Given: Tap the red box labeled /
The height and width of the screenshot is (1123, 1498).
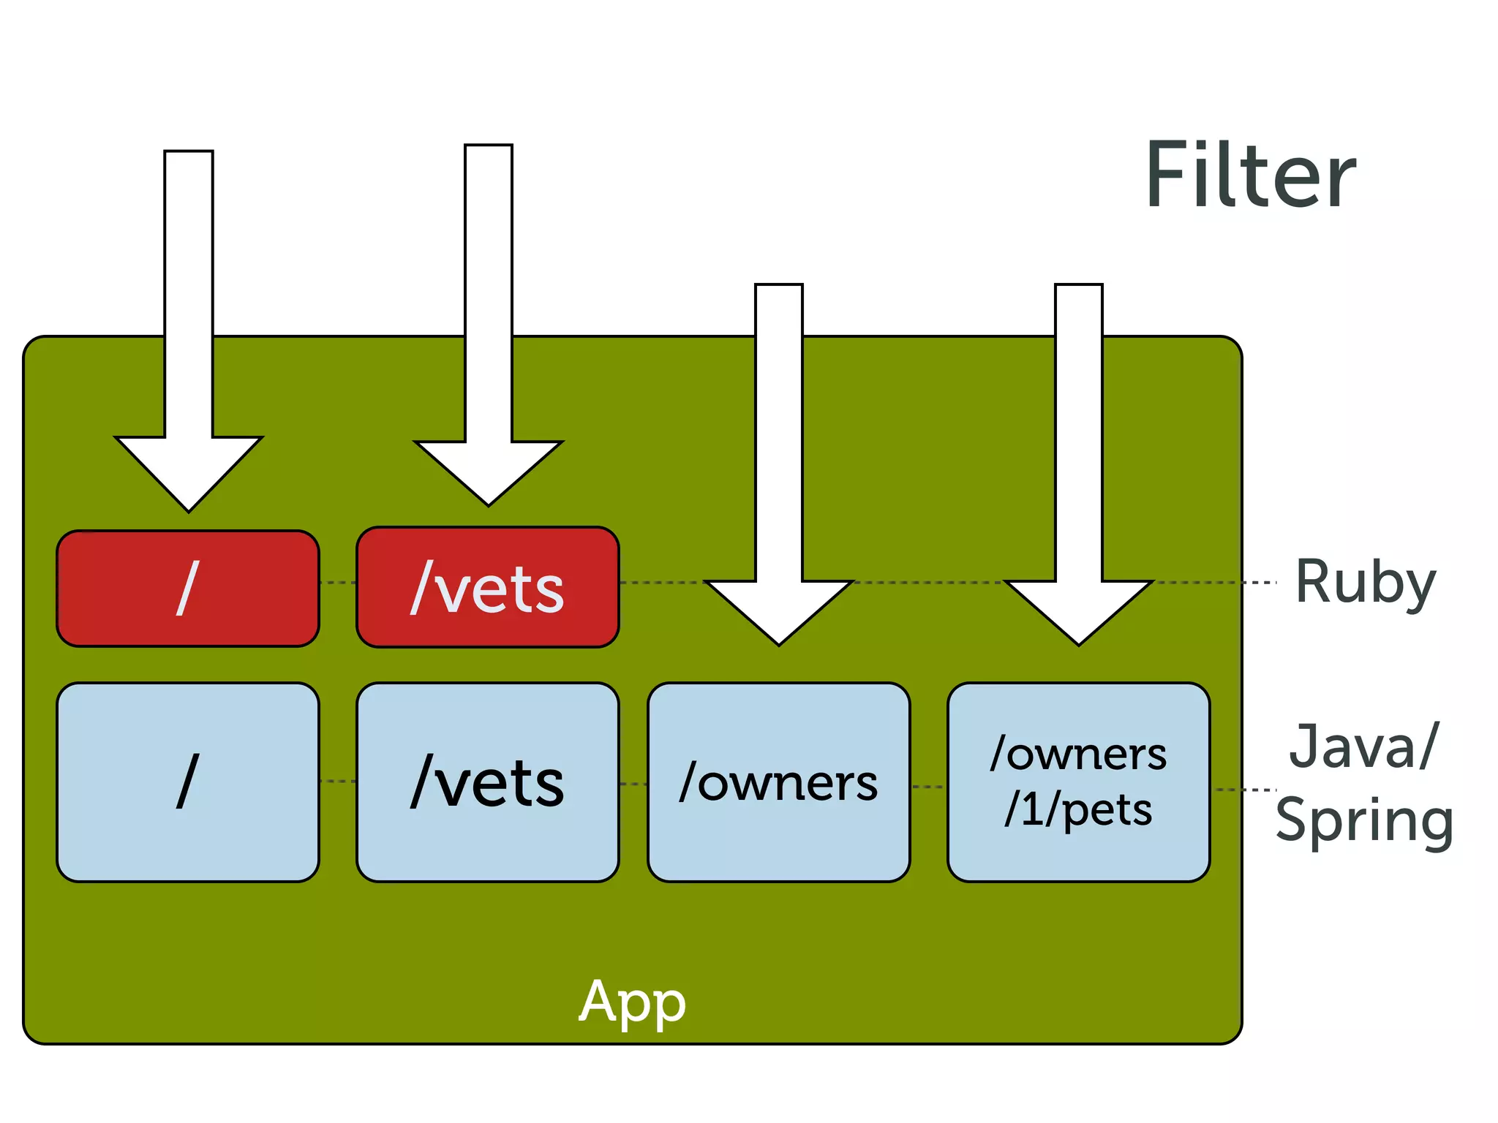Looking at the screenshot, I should [188, 589].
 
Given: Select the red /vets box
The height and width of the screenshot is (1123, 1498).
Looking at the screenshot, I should [488, 587].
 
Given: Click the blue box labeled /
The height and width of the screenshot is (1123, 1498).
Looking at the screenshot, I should [188, 782].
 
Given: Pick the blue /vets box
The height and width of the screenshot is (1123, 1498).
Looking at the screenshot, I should [488, 782].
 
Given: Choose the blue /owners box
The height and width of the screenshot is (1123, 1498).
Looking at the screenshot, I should [778, 782].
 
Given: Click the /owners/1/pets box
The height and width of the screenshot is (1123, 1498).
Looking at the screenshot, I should [1078, 782].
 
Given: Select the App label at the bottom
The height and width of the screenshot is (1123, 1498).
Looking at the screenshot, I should [632, 1002].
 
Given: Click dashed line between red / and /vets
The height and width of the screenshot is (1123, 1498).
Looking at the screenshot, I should [338, 583].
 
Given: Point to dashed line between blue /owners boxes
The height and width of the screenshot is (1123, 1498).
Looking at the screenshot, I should [928, 787].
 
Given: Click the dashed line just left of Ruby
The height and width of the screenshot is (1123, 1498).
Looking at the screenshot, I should [1260, 583].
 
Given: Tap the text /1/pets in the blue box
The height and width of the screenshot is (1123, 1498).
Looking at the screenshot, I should [1078, 810].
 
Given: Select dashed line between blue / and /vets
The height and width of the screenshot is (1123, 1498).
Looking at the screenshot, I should [338, 781].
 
